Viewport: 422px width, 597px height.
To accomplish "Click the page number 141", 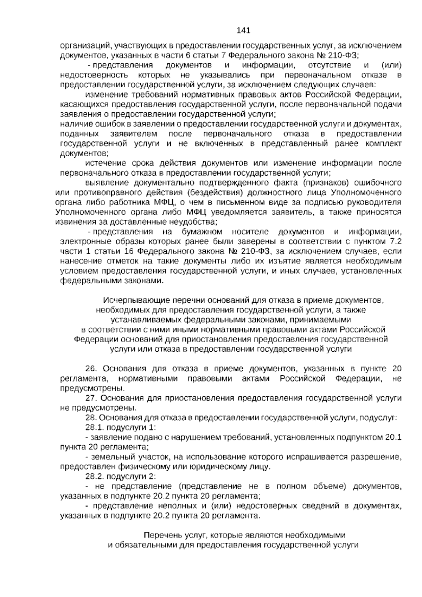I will (243, 31).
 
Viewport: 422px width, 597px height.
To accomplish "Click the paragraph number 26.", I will (91, 369).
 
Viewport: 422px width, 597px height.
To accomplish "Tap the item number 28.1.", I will (94, 427).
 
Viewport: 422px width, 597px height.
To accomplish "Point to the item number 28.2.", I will (94, 476).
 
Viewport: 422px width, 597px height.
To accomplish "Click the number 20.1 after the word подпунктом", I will (394, 437).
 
